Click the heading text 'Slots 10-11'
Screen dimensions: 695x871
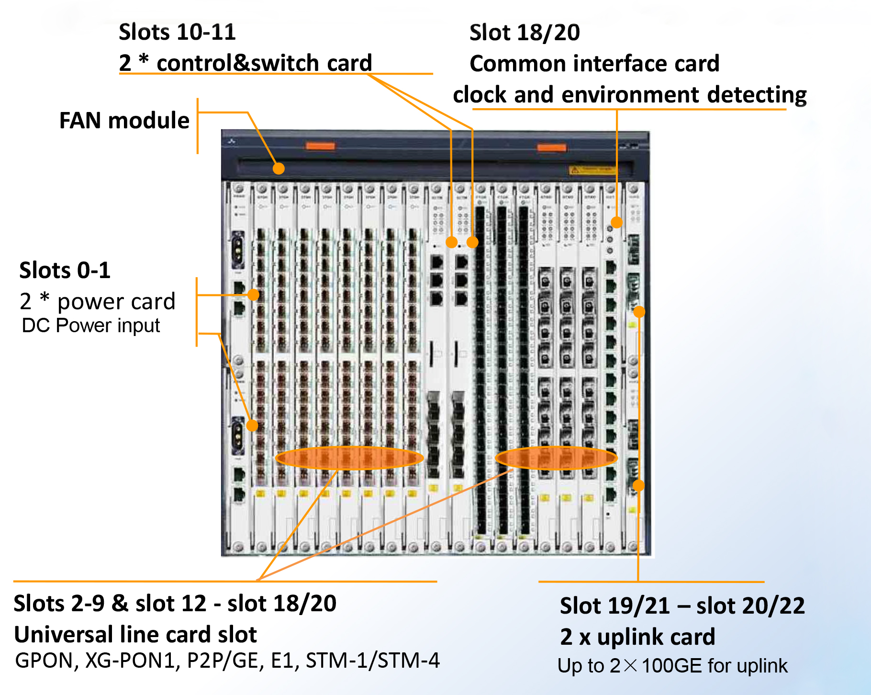(x=177, y=32)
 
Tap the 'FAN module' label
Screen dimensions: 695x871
(x=124, y=120)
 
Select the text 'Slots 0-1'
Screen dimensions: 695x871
(x=65, y=270)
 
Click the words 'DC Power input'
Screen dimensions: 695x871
(x=91, y=325)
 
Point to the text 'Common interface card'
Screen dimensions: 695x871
(x=594, y=64)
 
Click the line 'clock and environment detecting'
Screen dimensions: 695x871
(x=630, y=94)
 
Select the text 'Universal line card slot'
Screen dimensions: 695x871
(x=135, y=634)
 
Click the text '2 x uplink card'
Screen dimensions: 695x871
(x=637, y=637)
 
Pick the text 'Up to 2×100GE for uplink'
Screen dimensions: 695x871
(x=672, y=666)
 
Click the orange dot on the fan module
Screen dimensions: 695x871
(x=279, y=168)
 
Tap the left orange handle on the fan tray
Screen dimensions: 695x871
(x=320, y=146)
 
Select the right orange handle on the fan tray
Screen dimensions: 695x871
(x=551, y=147)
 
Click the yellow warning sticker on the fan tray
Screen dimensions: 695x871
(x=592, y=169)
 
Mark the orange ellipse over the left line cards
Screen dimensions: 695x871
(x=349, y=458)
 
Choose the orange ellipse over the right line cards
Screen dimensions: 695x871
(x=556, y=458)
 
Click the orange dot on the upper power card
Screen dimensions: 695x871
(x=254, y=295)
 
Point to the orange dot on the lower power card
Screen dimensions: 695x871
(x=252, y=425)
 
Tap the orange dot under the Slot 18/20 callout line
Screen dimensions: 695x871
(x=617, y=222)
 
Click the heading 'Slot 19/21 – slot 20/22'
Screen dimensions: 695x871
(x=682, y=606)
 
